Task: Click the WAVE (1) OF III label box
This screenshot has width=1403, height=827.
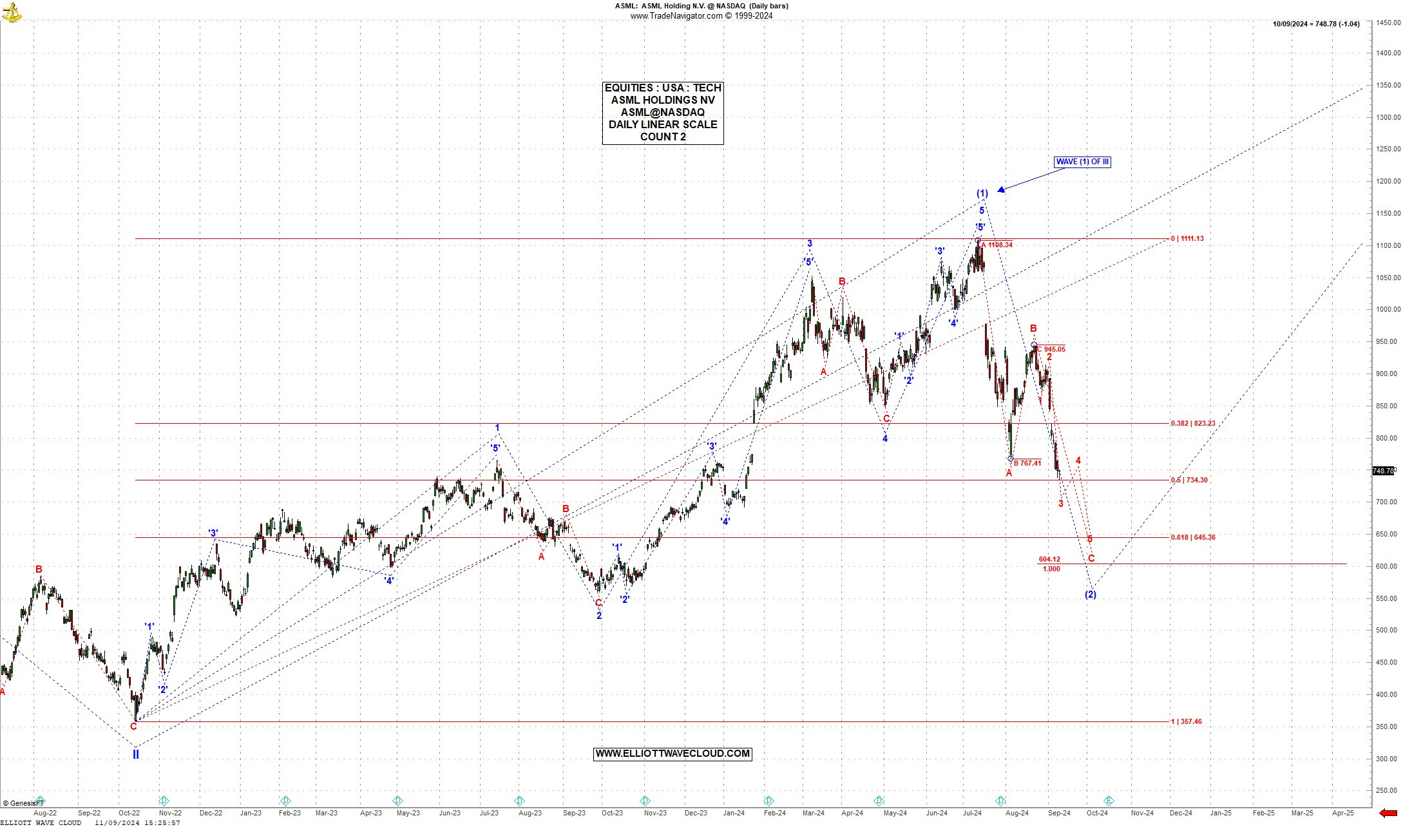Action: [1082, 162]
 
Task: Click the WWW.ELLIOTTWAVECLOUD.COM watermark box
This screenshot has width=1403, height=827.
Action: [672, 754]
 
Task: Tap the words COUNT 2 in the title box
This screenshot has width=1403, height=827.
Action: [662, 137]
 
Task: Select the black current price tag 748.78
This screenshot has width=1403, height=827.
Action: [1384, 471]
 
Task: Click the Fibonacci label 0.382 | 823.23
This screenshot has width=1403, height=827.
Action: [1192, 423]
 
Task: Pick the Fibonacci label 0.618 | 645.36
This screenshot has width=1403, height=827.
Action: [1192, 537]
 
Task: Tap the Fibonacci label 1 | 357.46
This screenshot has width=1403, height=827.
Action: [1186, 721]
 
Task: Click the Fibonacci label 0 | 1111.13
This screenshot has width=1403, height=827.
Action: [1187, 238]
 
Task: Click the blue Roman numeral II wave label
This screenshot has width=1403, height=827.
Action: [136, 754]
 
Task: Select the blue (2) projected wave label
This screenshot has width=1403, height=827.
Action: [1090, 594]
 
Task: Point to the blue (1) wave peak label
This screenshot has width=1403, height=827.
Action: [982, 193]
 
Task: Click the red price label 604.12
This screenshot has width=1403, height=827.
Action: [1049, 559]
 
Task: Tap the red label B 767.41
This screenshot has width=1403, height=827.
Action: [1027, 463]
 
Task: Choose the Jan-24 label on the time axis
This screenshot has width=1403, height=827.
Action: [734, 813]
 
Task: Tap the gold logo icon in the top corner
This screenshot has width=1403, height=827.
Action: [11, 11]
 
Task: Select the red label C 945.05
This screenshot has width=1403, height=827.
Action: [1051, 349]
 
